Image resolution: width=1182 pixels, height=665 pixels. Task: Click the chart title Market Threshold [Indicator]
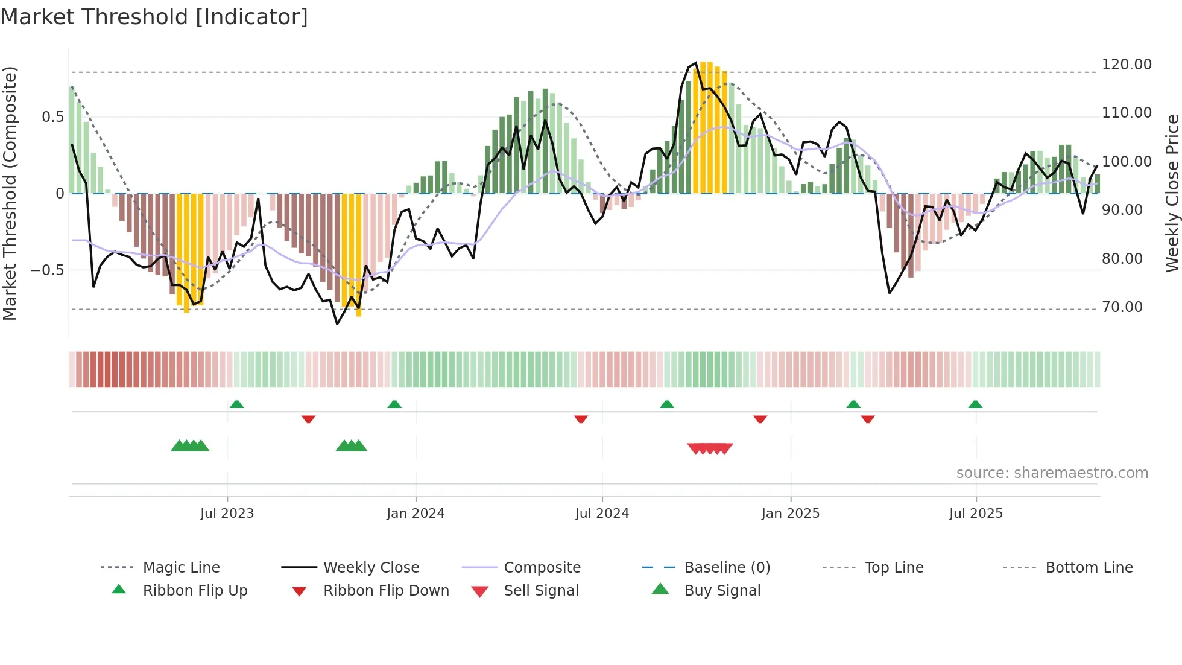[154, 17]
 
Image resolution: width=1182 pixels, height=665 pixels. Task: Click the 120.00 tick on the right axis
[1126, 65]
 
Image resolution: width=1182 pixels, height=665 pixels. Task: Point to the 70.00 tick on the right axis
[1122, 307]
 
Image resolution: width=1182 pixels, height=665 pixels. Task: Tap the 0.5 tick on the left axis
[52, 117]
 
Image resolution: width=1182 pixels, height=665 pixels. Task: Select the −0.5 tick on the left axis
[48, 270]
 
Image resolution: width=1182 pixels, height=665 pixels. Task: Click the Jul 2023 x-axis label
[227, 514]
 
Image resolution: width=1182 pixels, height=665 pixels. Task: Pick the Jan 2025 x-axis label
[790, 514]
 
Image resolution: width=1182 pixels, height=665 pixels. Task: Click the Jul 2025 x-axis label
[975, 514]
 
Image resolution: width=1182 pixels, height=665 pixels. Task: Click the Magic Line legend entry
[181, 568]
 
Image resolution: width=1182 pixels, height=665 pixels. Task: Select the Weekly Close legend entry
[371, 568]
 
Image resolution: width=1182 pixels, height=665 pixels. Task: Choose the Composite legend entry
[542, 568]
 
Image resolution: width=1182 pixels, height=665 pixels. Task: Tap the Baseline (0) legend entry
[727, 568]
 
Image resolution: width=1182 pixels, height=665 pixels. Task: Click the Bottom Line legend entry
[1089, 568]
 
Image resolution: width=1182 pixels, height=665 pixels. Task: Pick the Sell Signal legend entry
[540, 591]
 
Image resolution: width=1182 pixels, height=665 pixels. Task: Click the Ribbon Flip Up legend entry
[195, 591]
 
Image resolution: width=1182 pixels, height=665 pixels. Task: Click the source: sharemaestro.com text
[1052, 473]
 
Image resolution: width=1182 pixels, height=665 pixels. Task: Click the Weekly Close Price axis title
[1172, 193]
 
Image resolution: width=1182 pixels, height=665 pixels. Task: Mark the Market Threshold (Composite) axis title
[10, 193]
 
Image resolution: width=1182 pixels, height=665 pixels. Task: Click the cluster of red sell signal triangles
[710, 448]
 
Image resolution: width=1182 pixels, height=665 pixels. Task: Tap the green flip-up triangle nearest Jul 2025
[975, 404]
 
